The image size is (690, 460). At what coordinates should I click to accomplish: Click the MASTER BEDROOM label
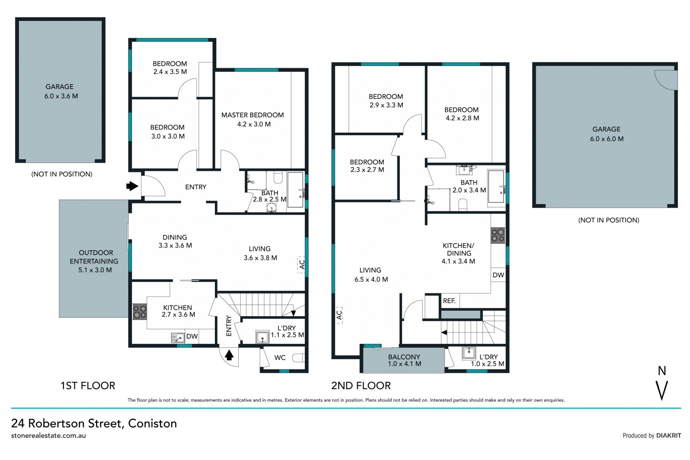[x=252, y=115]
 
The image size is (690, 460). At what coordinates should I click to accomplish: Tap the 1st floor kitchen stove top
[x=139, y=312]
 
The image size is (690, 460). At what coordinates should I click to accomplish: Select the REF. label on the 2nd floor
[x=449, y=301]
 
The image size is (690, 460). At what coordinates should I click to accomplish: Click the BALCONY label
[x=404, y=357]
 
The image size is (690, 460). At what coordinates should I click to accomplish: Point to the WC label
[x=280, y=357]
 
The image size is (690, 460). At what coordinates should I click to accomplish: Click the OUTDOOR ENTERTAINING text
[x=94, y=257]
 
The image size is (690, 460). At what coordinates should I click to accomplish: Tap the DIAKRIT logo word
[x=668, y=436]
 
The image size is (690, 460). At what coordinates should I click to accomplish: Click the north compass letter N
[x=662, y=371]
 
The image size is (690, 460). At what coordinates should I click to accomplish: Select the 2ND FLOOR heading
[x=361, y=386]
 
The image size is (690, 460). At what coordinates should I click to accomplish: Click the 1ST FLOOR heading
[x=88, y=386]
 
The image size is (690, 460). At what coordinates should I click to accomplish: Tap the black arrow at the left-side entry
[x=132, y=186]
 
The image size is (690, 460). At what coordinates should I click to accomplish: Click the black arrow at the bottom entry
[x=229, y=355]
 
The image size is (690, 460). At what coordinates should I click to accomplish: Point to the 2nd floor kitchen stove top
[x=498, y=235]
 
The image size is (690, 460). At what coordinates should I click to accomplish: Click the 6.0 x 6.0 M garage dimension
[x=607, y=139]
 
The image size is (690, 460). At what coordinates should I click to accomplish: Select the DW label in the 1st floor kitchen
[x=192, y=336]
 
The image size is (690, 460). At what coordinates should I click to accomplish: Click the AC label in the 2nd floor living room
[x=340, y=315]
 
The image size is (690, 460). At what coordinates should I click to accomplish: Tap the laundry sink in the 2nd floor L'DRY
[x=469, y=353]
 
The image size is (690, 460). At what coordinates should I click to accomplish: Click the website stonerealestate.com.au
[x=49, y=436]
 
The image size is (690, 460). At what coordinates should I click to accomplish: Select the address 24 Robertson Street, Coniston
[x=94, y=423]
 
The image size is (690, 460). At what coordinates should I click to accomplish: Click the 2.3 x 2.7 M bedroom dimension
[x=367, y=170]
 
